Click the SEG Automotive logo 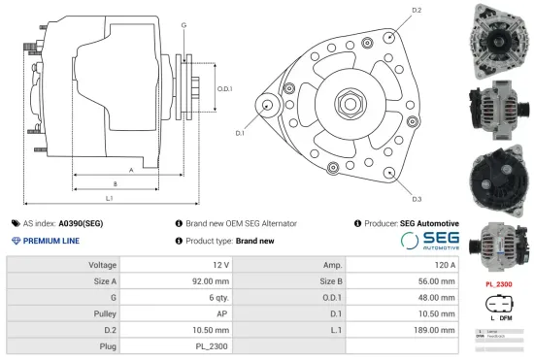[429, 241]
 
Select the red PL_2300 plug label [498, 284]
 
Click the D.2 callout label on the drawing [417, 10]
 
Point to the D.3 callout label [417, 199]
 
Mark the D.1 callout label [239, 132]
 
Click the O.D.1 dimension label [225, 89]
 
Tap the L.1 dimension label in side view [110, 198]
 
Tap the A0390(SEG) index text [81, 223]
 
